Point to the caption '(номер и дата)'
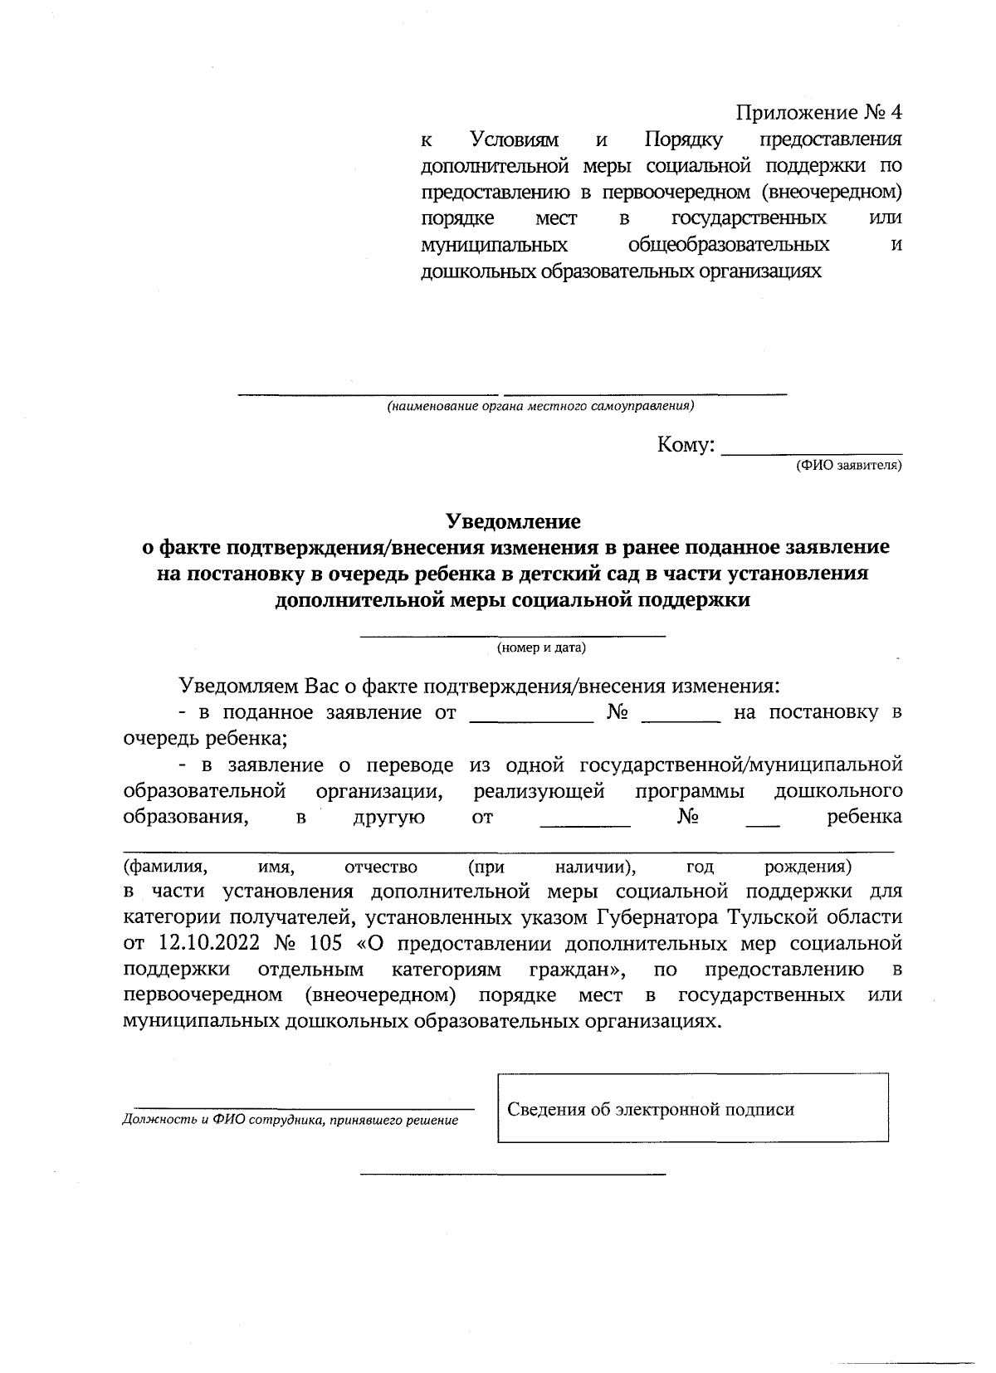pos(541,648)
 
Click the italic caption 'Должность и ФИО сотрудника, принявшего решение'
pos(290,1121)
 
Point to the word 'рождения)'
pos(808,867)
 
